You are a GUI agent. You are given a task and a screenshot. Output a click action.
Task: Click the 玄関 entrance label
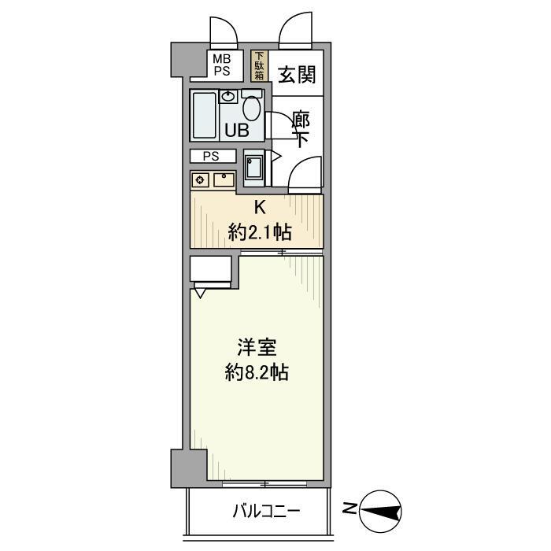[x=297, y=75]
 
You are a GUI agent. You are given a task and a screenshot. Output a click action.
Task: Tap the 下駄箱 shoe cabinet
[x=258, y=66]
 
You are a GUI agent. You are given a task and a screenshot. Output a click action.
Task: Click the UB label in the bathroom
[x=238, y=131]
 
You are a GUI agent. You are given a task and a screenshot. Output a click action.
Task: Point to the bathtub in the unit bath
[x=204, y=115]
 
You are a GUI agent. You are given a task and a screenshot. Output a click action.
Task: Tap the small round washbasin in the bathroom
[x=228, y=97]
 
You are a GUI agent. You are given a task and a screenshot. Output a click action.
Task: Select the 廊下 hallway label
[x=300, y=130]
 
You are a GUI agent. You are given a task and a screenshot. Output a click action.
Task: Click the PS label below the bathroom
[x=210, y=156]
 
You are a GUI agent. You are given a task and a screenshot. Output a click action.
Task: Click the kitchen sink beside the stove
[x=224, y=179]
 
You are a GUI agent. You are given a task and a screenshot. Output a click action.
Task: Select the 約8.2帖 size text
[x=257, y=372]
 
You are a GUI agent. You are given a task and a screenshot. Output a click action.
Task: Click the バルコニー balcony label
[x=265, y=512]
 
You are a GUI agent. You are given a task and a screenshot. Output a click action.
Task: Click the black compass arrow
[x=383, y=512]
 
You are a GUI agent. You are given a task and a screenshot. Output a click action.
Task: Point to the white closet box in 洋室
[x=212, y=270]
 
